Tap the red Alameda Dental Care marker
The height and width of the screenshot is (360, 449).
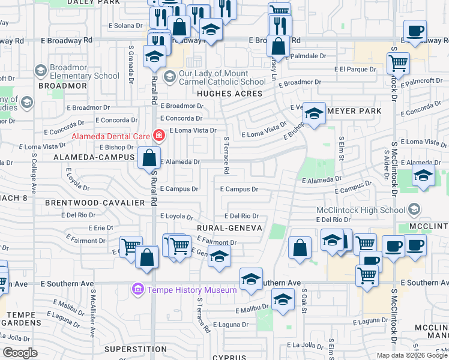point(158,136)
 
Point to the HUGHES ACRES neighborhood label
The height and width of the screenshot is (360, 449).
point(230,94)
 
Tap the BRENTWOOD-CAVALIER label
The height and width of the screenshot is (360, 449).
point(95,203)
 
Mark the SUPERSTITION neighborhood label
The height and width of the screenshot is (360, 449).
point(134,349)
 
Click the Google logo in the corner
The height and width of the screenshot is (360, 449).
point(20,353)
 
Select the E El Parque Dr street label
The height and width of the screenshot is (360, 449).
point(355,69)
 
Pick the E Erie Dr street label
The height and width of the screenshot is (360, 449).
point(100,228)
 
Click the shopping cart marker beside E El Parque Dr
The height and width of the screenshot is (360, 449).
point(398,62)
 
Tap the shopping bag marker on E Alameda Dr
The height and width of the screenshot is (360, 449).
point(149,158)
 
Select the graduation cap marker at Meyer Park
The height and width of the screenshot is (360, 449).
point(314,113)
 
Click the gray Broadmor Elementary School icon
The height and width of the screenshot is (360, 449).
point(40,71)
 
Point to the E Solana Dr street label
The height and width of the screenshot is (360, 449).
point(125,26)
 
